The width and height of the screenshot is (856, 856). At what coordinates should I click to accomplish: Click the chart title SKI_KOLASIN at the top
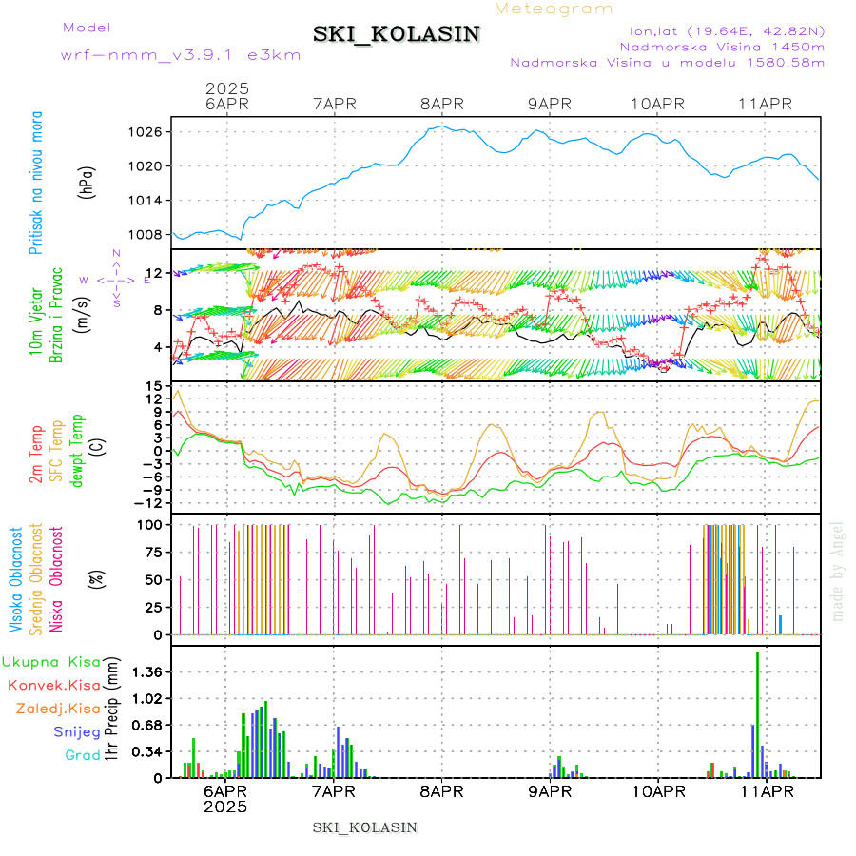click(x=397, y=34)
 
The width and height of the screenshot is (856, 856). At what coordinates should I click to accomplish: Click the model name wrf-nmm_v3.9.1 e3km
click(x=181, y=55)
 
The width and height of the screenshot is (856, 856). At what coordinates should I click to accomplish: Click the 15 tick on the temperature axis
click(x=152, y=385)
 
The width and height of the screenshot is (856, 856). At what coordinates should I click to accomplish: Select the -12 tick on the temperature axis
click(x=147, y=503)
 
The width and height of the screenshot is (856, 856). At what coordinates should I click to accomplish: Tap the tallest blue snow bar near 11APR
click(x=758, y=713)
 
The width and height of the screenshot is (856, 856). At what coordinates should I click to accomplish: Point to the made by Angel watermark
click(x=838, y=571)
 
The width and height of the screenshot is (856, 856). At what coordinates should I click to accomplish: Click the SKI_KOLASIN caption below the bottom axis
click(x=365, y=827)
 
